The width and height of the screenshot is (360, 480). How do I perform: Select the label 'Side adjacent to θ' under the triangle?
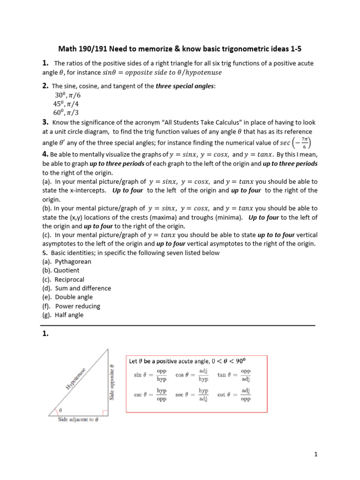pos(78,420)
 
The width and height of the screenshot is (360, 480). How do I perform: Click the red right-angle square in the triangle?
pos(105,413)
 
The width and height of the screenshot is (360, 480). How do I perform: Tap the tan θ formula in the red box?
pos(234,375)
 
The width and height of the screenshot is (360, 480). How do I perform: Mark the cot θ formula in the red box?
pos(234,395)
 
